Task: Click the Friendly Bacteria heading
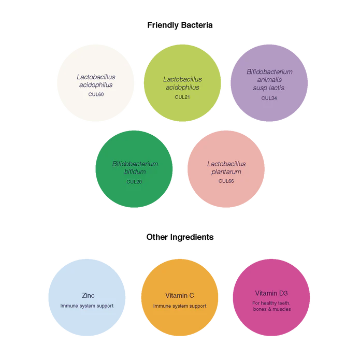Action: [180, 25]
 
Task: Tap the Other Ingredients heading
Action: [180, 237]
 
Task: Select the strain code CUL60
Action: [96, 94]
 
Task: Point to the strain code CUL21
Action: [182, 97]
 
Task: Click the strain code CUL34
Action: [269, 98]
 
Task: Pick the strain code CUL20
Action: [134, 182]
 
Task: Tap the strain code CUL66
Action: [226, 181]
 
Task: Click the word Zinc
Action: [88, 295]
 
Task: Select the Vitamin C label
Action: [180, 295]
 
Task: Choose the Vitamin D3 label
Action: [271, 293]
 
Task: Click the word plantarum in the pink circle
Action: [226, 172]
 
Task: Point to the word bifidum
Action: [135, 172]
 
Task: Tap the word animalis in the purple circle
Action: [269, 80]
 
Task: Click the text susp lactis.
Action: [269, 88]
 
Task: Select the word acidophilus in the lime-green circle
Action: [182, 88]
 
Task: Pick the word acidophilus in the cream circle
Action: [96, 85]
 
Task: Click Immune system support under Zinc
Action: [87, 306]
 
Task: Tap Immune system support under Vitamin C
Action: [180, 306]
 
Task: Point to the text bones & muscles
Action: [272, 309]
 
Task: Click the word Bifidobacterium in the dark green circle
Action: [135, 164]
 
